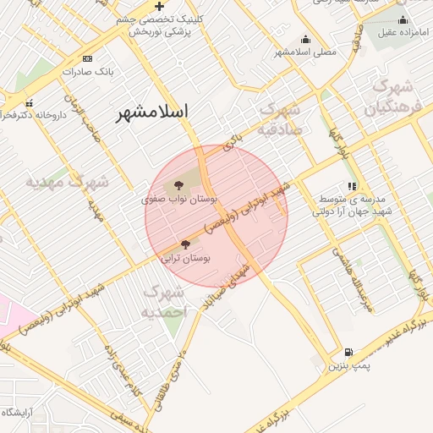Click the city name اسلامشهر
(x=151, y=111)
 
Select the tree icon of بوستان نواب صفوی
(x=178, y=185)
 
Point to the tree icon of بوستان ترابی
(x=185, y=244)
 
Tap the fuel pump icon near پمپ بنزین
(x=348, y=352)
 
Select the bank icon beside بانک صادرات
(x=87, y=59)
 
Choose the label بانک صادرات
(x=87, y=72)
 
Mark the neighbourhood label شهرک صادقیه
(x=279, y=119)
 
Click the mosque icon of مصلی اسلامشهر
(x=305, y=39)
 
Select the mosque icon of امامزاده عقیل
(x=403, y=20)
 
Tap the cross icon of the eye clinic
(x=159, y=6)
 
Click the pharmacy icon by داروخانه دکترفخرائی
(x=30, y=102)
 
